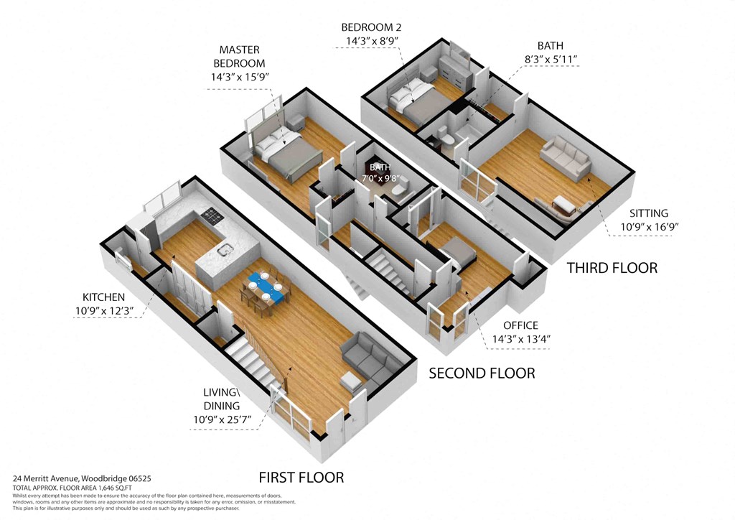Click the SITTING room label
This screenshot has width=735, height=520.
(x=648, y=213)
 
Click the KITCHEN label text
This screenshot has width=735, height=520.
(x=103, y=297)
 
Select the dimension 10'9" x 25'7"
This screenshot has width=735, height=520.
(x=224, y=418)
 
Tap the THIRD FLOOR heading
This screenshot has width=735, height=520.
(x=612, y=268)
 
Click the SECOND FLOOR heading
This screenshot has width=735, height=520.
(x=481, y=373)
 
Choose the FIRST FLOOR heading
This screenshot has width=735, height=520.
(x=301, y=477)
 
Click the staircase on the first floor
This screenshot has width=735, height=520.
(x=253, y=366)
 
